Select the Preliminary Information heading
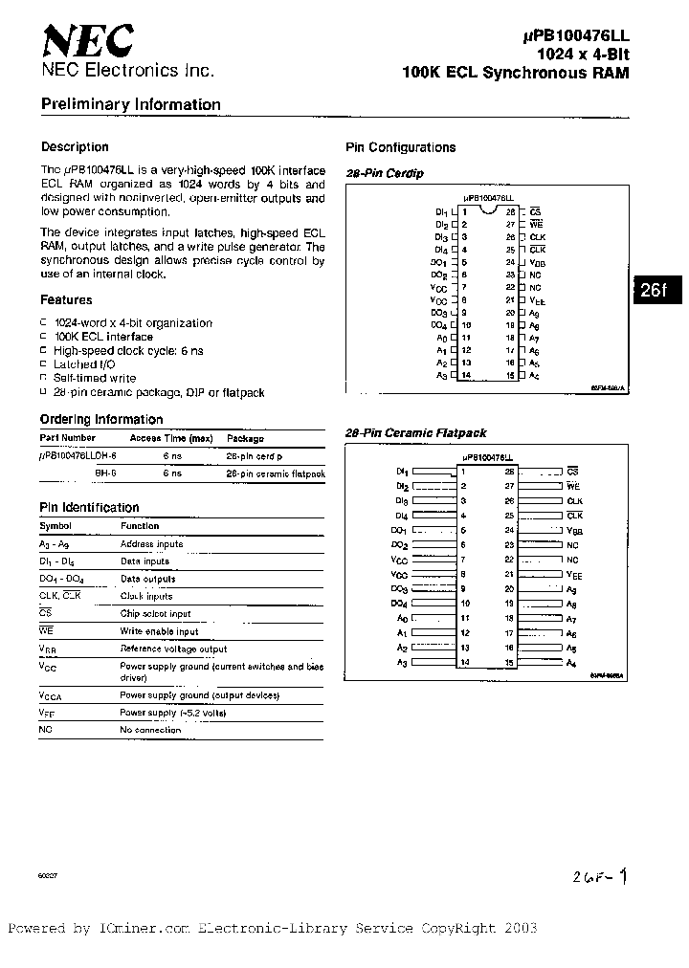[130, 105]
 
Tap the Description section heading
[75, 147]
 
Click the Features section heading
[66, 300]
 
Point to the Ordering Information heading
[101, 419]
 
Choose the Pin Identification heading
[89, 508]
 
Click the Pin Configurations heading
[400, 147]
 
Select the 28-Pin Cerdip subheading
[384, 174]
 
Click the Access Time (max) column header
[171, 438]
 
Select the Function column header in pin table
[140, 526]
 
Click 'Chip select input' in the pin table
[155, 614]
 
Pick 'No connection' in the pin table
[150, 730]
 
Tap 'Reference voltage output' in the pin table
[173, 649]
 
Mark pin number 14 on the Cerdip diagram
[465, 376]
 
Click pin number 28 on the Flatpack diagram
[510, 472]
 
